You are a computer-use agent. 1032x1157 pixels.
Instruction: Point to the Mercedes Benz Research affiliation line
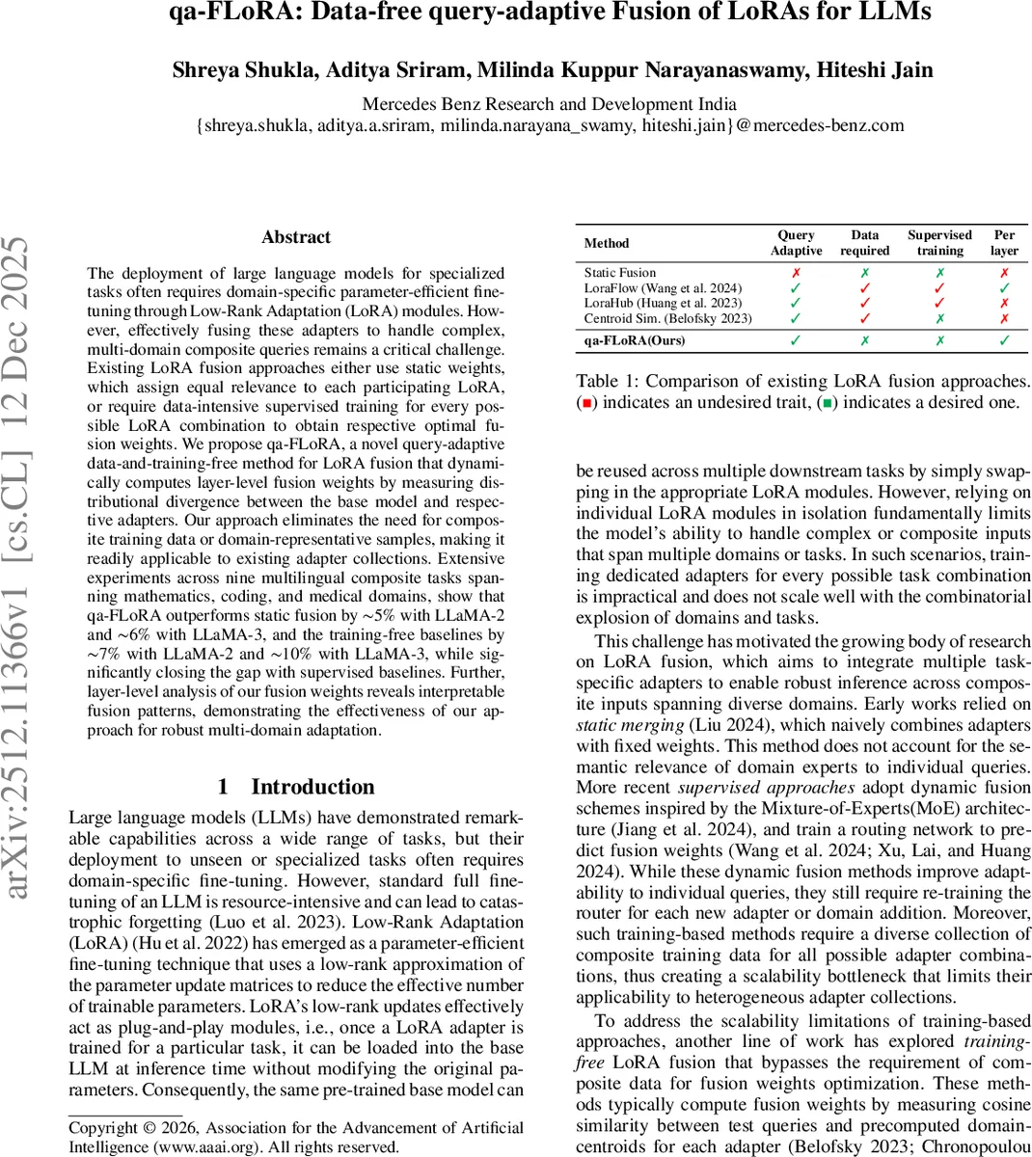click(549, 104)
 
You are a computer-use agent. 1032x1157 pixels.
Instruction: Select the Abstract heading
click(296, 237)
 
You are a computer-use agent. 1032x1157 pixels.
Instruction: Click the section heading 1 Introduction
click(296, 787)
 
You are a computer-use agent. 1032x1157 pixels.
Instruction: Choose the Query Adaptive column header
click(796, 243)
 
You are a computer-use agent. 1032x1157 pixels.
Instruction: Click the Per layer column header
click(1004, 243)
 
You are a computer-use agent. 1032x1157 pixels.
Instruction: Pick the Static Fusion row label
click(619, 273)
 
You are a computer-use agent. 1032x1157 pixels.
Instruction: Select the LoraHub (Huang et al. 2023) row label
click(663, 303)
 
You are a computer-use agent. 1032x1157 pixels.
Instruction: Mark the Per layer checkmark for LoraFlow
click(1004, 288)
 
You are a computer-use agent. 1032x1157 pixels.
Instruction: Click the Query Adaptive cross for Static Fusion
click(796, 273)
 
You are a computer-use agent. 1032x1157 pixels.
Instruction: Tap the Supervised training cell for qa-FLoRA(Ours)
click(939, 340)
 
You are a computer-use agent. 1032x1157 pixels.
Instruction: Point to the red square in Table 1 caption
click(585, 403)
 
